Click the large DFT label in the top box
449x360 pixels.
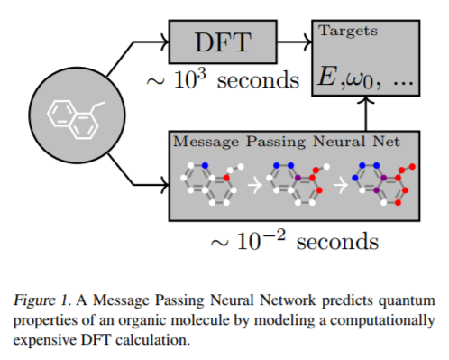tap(223, 42)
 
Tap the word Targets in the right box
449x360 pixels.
tap(348, 31)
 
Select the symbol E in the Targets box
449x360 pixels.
tap(327, 76)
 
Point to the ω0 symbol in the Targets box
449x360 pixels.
tap(359, 80)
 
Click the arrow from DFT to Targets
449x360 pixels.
tap(295, 42)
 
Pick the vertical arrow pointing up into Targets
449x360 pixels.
tap(366, 114)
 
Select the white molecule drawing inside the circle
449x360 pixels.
tap(76, 120)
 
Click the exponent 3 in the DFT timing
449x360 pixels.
tap(202, 74)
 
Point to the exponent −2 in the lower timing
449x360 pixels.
tap(273, 235)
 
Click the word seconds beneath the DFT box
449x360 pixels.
tap(258, 80)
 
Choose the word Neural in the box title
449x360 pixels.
tap(339, 141)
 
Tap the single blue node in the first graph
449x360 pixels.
tap(205, 165)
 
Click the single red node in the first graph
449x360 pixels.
tap(226, 178)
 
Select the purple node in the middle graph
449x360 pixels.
tap(298, 178)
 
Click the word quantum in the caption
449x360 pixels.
tap(407, 300)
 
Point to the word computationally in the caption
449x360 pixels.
tap(382, 320)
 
